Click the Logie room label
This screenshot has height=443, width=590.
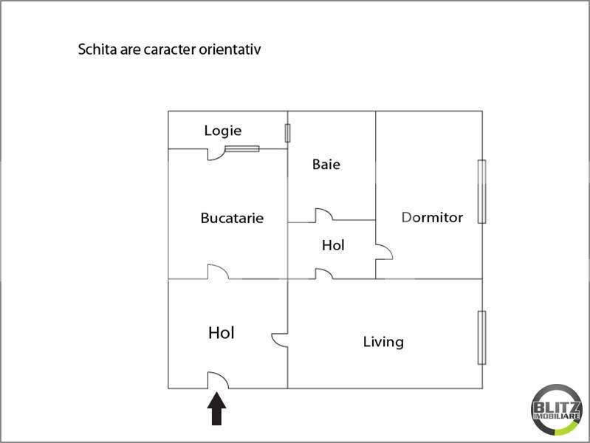(x=223, y=131)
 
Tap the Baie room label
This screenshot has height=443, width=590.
(x=326, y=164)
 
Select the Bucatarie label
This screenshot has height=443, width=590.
(x=232, y=219)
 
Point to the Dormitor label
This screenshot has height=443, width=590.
(x=432, y=218)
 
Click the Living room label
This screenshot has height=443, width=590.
(x=383, y=342)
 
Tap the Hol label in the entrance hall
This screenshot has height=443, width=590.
(x=222, y=333)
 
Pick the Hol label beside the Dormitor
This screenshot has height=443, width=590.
(x=333, y=245)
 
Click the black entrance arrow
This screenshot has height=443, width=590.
(x=217, y=409)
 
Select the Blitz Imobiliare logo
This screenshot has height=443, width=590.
(x=557, y=410)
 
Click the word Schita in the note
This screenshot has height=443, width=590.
(x=97, y=49)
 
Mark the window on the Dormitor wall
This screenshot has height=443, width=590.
(x=481, y=191)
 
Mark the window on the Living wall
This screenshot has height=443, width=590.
(x=481, y=337)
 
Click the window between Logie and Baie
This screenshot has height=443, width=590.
(x=287, y=133)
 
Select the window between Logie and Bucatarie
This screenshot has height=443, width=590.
(x=242, y=149)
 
